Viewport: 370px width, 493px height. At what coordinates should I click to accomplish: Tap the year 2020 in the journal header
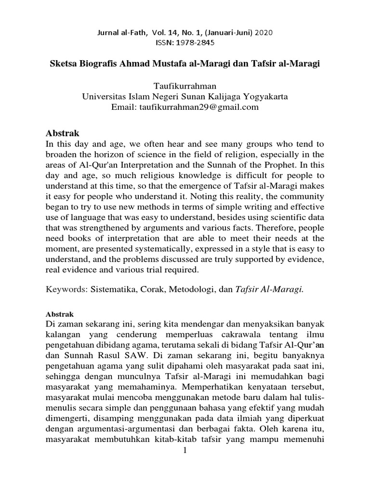coord(266,32)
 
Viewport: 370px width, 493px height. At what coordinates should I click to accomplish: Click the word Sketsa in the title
coord(64,64)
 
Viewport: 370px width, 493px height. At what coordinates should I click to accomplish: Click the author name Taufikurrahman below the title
coord(185,86)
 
